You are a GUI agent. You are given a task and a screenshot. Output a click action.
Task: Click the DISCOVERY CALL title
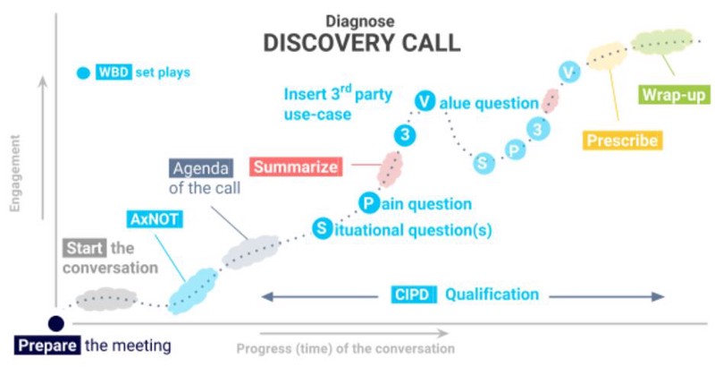[x=361, y=43]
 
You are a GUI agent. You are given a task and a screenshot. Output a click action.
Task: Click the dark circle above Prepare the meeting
[x=55, y=324]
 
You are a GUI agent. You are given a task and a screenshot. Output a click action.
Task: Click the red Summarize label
[x=295, y=166]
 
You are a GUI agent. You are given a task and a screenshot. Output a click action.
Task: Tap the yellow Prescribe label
[x=622, y=141]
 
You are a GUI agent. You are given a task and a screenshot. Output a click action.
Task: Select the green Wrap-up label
[x=669, y=92]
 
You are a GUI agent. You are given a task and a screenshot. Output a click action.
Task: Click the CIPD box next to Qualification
[x=414, y=294]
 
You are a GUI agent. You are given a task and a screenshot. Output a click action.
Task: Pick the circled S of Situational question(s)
[x=321, y=229]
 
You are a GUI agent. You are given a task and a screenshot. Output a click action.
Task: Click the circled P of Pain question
[x=367, y=203]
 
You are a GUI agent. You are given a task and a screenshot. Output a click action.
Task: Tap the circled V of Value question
[x=425, y=102]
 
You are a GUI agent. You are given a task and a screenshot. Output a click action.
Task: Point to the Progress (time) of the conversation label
[x=345, y=348]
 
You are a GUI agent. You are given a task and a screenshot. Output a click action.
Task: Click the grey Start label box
[x=85, y=247]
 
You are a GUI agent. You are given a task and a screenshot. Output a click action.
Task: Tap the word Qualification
[x=492, y=294]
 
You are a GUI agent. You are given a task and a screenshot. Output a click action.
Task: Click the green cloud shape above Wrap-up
[x=662, y=43]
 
